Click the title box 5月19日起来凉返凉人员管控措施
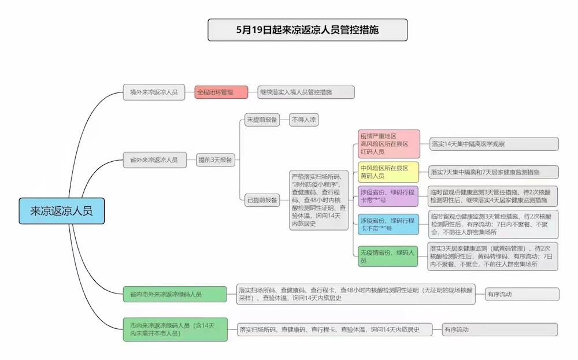(x=307, y=30)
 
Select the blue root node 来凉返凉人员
(x=62, y=211)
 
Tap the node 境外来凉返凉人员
(x=154, y=92)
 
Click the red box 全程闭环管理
(x=221, y=92)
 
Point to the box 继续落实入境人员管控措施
(x=306, y=92)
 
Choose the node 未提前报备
(x=262, y=120)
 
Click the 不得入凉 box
(x=304, y=120)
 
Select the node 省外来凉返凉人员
(x=154, y=160)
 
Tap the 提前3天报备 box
(x=215, y=160)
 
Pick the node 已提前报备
(x=262, y=200)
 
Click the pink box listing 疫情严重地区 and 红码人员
(x=389, y=144)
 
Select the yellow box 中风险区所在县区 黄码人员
(x=388, y=172)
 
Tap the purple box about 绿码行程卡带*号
(x=388, y=196)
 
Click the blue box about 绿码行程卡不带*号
(x=388, y=224)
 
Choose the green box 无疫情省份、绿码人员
(x=388, y=257)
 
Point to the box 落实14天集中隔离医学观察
(x=494, y=144)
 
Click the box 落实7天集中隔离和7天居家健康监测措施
(x=494, y=172)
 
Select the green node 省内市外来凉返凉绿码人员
(x=175, y=294)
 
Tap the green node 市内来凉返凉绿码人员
(x=175, y=329)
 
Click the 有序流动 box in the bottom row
(x=500, y=330)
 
